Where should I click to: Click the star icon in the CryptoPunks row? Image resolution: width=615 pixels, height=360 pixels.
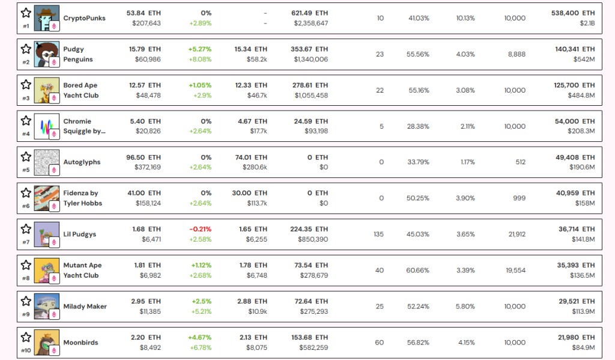coord(26,13)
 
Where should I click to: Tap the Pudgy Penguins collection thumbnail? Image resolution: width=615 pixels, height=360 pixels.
coord(47,54)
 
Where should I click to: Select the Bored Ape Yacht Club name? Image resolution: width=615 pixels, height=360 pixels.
coord(81,90)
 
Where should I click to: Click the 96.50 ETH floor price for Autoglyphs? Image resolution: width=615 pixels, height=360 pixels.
coord(144,157)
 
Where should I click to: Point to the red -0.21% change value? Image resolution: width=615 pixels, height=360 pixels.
coord(201,229)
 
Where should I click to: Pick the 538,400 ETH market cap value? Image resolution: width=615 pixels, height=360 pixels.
coord(573,13)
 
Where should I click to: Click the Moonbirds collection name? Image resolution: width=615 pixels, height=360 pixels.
coord(81,343)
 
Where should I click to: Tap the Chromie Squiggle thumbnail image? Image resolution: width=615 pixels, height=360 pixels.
coord(47,126)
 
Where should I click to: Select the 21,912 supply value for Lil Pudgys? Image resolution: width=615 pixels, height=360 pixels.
coord(517,234)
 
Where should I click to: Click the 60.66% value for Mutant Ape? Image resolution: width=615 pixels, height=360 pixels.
coord(418,270)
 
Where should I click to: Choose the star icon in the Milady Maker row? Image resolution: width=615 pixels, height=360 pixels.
coord(26,301)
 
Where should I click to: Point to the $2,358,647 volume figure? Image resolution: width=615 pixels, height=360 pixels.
coord(311,23)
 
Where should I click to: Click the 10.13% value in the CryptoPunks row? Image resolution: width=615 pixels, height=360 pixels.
coord(465,18)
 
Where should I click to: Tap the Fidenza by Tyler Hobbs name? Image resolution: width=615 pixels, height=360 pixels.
coord(83,198)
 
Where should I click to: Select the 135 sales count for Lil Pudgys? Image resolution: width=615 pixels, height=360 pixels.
coord(378,234)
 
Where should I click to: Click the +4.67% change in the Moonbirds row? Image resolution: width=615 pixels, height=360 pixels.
coord(199,338)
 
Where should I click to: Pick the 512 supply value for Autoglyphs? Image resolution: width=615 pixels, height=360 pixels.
coord(521,162)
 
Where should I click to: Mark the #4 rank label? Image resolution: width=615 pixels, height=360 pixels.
coord(26,134)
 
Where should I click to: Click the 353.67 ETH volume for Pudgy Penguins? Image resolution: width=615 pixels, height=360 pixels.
coord(309,49)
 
